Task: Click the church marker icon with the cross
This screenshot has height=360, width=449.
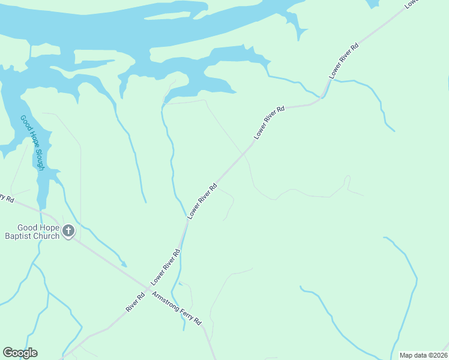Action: click(x=68, y=230)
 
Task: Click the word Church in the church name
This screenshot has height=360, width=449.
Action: click(x=48, y=236)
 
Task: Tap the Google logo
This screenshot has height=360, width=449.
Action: click(x=20, y=353)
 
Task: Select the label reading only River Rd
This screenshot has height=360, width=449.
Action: click(x=136, y=301)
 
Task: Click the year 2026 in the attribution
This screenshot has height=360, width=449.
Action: click(x=438, y=355)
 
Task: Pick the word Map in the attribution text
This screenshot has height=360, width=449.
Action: click(x=406, y=355)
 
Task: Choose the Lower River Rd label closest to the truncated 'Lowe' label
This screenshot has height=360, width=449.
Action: click(x=344, y=61)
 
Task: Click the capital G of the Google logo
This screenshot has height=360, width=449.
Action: click(x=8, y=352)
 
